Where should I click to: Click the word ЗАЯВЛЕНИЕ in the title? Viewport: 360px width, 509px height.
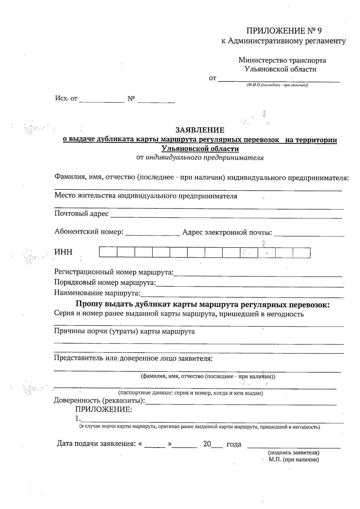[x=200, y=130]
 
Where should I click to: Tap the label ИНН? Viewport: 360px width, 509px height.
[x=63, y=252]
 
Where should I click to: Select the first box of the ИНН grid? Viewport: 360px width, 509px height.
[x=108, y=253]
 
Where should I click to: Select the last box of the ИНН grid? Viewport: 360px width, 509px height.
[x=301, y=253]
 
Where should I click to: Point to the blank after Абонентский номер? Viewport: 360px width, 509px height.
[x=152, y=233]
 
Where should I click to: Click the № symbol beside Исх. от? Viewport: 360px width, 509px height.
[x=131, y=99]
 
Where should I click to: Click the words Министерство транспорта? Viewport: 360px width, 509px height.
[x=282, y=60]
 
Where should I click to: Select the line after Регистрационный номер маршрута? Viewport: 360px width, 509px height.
[x=258, y=274]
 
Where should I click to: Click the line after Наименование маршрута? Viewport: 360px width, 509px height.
[x=242, y=295]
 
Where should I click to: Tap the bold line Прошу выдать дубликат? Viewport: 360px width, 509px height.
[x=202, y=305]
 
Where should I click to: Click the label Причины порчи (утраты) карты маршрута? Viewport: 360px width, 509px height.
[x=124, y=331]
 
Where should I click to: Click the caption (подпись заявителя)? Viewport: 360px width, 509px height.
[x=293, y=453]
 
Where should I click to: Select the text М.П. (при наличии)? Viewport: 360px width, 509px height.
[x=293, y=460]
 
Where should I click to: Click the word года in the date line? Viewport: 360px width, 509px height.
[x=234, y=445]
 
